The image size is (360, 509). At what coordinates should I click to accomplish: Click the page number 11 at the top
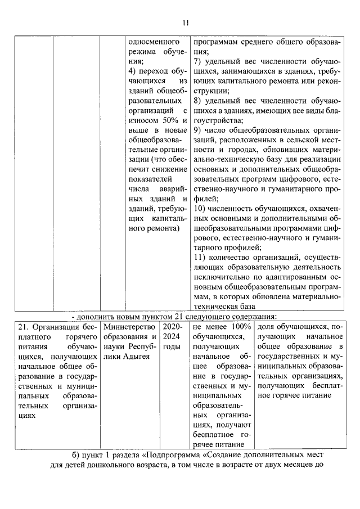(186, 22)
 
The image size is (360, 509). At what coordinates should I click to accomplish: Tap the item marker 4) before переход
(133, 72)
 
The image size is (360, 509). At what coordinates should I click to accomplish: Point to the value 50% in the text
(167, 121)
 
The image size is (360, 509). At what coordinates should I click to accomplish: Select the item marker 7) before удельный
(197, 61)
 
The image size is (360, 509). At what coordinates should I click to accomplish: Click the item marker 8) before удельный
(197, 101)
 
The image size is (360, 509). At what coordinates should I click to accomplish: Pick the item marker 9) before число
(197, 130)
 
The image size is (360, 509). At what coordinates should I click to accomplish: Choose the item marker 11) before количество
(199, 257)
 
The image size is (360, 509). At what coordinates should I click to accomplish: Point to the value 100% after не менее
(241, 327)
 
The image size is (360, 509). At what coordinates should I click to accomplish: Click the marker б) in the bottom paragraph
(78, 454)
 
